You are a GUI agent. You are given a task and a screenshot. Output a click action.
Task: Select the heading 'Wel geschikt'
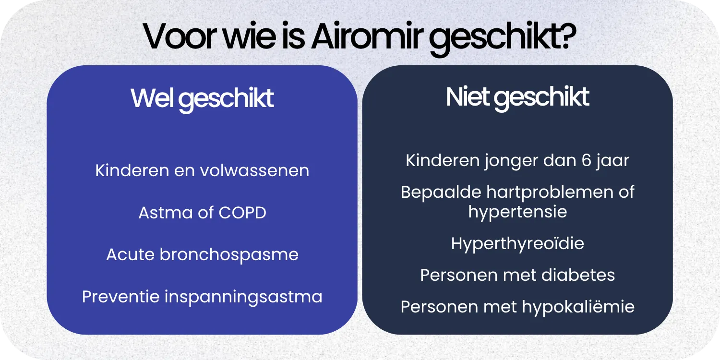[x=202, y=98]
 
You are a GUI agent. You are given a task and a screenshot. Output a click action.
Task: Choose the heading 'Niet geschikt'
[x=517, y=97]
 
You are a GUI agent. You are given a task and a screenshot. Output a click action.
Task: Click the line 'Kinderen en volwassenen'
[x=202, y=170]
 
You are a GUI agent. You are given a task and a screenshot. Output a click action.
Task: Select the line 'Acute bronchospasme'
[x=202, y=254]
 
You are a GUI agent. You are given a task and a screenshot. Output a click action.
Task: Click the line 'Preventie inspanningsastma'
[x=202, y=297]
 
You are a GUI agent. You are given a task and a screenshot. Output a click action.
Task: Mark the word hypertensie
[x=517, y=212]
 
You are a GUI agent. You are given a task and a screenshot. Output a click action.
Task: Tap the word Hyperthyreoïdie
[x=517, y=243]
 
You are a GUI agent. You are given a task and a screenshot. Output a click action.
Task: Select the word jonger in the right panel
[x=510, y=161]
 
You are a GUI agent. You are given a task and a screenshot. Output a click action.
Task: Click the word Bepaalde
[x=441, y=192]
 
